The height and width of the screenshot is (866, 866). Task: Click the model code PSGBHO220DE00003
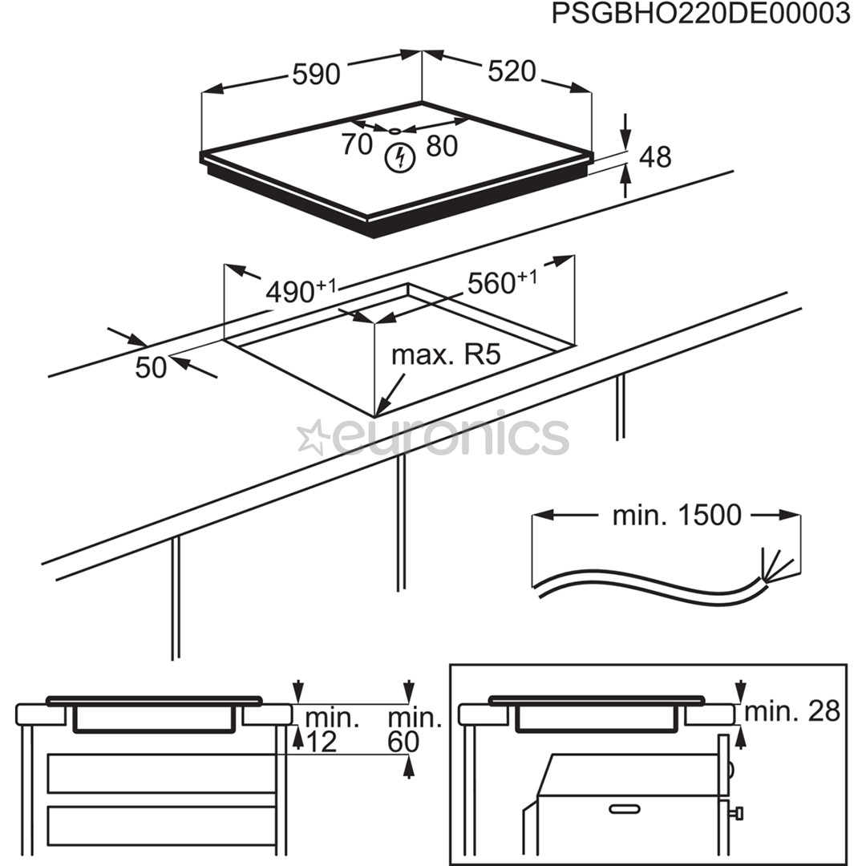coord(700,15)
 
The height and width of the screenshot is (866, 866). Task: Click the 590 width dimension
coord(315,74)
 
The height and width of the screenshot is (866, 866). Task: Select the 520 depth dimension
coord(511,71)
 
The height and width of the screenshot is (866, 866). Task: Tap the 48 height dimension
coord(655,157)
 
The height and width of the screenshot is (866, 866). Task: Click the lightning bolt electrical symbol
coord(399,158)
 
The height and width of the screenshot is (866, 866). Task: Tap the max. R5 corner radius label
coord(446,354)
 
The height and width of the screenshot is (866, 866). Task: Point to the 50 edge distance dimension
coord(151,367)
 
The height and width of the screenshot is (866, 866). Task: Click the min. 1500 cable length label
coord(676,516)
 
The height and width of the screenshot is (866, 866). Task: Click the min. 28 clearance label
coord(792,710)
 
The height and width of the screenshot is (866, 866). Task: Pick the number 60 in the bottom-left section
coord(403,743)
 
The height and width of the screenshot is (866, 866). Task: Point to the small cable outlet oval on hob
coord(395,130)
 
